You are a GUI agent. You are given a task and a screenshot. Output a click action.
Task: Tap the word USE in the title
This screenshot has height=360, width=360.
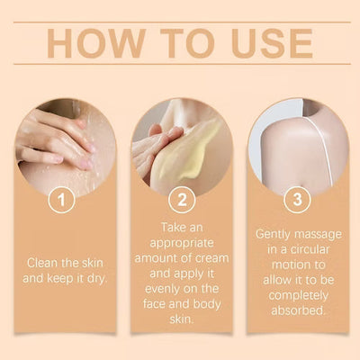[x=272, y=43]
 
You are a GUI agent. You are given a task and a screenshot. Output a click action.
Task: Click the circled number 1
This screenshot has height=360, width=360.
[x=61, y=200]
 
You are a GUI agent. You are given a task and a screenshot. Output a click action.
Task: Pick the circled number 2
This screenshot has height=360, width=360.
[x=182, y=200]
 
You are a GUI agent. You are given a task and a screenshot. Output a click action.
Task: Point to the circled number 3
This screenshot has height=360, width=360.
[x=297, y=200]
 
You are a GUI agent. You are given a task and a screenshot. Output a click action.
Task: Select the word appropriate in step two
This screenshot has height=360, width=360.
[x=182, y=243]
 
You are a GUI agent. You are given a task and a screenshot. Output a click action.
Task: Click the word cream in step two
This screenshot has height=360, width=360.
[x=212, y=258]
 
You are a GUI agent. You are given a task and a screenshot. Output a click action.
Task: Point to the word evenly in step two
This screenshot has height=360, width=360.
[x=162, y=290]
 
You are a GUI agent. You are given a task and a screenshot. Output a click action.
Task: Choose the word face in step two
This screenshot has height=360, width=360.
[x=154, y=304]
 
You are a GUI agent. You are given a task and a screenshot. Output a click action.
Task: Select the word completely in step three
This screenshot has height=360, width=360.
[x=298, y=296]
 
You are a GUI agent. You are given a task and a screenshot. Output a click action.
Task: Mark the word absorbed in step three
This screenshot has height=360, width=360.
[x=298, y=310]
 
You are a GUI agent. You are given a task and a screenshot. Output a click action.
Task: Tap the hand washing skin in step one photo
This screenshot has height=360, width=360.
[x=57, y=138]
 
